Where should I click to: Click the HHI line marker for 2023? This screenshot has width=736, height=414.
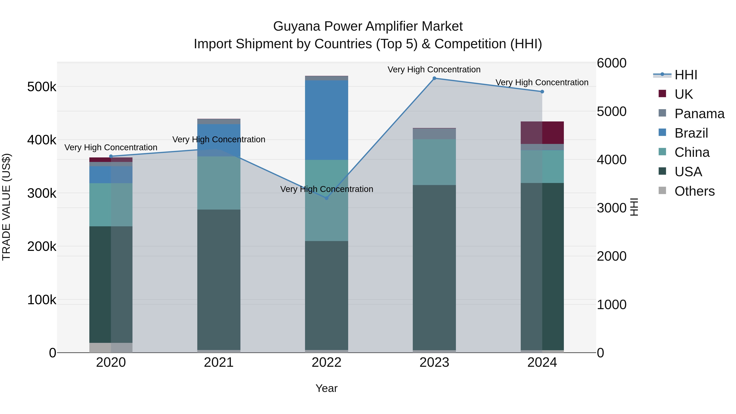[x=434, y=78]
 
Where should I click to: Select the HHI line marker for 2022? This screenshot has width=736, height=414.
[x=326, y=198]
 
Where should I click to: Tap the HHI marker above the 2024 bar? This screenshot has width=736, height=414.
[x=542, y=92]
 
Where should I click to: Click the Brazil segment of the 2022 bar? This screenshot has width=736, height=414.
[x=326, y=120]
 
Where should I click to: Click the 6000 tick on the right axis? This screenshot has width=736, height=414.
[x=611, y=63]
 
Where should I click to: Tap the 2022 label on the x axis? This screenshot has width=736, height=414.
[x=326, y=362]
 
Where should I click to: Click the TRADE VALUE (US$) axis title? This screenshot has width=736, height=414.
[x=6, y=207]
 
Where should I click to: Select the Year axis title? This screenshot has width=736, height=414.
[x=326, y=388]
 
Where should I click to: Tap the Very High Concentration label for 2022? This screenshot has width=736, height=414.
[x=326, y=189]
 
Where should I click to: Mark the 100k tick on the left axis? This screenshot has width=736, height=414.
[x=42, y=300]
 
